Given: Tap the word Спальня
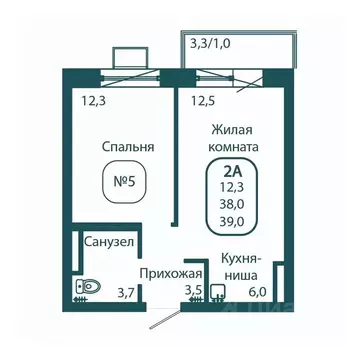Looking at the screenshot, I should (x=128, y=147).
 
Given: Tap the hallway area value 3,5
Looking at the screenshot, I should (x=192, y=291).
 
